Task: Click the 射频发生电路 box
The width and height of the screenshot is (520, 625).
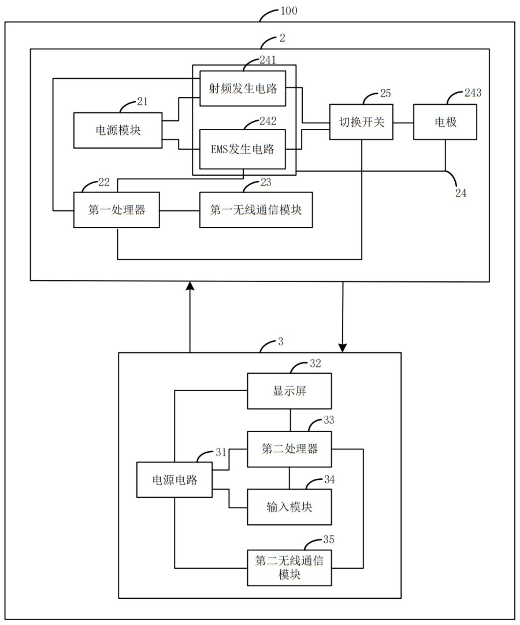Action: tap(243, 88)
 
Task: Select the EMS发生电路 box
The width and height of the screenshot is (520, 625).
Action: tap(243, 149)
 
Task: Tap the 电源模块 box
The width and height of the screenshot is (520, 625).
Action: tap(118, 130)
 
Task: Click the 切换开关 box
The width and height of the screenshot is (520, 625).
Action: tap(361, 122)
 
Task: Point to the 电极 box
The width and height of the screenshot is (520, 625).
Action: tap(445, 122)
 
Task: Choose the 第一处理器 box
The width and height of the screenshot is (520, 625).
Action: tap(117, 210)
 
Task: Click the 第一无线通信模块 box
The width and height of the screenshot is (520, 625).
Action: tap(256, 210)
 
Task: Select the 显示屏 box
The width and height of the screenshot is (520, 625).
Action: tap(289, 391)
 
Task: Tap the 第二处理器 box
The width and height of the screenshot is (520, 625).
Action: tap(289, 449)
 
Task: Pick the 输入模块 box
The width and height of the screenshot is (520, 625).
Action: tap(289, 507)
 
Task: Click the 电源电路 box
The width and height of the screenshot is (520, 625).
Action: tap(174, 480)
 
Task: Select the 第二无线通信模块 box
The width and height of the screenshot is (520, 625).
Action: tap(289, 567)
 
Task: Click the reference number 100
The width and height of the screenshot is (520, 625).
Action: tap(289, 11)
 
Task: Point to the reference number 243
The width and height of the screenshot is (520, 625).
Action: tap(473, 93)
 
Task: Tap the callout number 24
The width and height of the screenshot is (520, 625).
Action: tap(460, 193)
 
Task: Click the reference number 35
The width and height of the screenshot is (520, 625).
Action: tap(328, 540)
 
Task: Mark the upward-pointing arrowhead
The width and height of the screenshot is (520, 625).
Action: tap(190, 286)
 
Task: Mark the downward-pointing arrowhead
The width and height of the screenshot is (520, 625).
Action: tap(342, 347)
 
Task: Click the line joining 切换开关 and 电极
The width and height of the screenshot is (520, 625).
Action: tap(403, 123)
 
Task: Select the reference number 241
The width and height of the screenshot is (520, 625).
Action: tap(268, 60)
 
